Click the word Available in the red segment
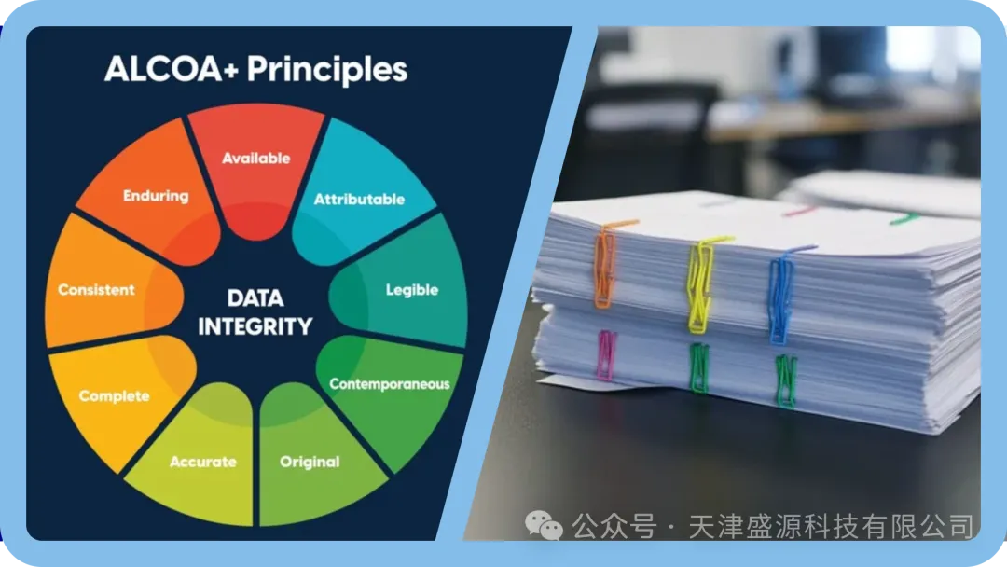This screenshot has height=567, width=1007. (x=256, y=158)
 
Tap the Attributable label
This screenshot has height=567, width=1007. (x=359, y=199)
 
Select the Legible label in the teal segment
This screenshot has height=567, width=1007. (x=412, y=290)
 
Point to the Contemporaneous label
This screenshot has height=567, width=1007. (x=389, y=384)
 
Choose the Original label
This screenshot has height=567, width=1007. (x=310, y=463)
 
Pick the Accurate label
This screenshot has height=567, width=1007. (x=203, y=462)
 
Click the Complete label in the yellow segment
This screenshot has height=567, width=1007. (x=115, y=396)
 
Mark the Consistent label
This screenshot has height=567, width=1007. (x=96, y=290)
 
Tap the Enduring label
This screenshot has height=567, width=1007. (x=156, y=196)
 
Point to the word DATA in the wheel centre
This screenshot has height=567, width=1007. (x=255, y=297)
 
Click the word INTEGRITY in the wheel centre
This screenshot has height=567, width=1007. (x=255, y=326)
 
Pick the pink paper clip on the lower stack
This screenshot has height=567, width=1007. (x=606, y=354)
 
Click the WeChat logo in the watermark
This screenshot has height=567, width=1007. (x=544, y=526)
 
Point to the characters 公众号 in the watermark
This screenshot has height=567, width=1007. (x=614, y=527)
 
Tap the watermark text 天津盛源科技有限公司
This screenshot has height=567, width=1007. (x=831, y=527)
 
